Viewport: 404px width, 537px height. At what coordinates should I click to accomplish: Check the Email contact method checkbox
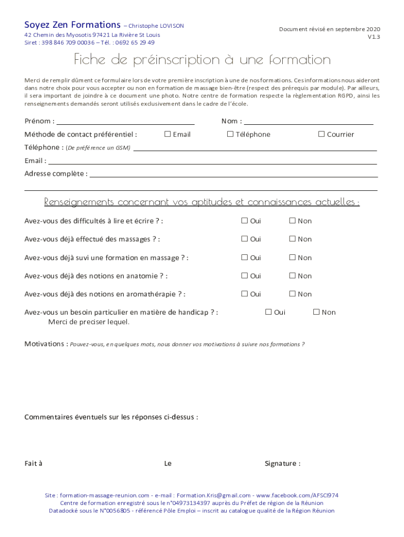click(167, 134)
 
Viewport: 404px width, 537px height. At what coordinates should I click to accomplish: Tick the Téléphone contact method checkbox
click(230, 134)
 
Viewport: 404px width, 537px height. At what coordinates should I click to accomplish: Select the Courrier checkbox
click(322, 134)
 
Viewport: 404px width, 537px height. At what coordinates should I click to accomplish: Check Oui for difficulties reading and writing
click(244, 221)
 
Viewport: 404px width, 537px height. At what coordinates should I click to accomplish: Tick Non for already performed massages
click(292, 239)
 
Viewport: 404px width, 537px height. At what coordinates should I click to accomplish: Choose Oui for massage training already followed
click(244, 257)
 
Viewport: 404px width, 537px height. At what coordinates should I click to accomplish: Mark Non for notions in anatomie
click(292, 276)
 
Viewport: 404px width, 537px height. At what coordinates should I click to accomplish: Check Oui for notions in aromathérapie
click(244, 294)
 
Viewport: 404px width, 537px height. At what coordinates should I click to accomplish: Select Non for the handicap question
click(316, 312)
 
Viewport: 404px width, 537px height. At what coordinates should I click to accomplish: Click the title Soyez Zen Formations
click(72, 25)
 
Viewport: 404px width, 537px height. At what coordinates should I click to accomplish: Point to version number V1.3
click(374, 37)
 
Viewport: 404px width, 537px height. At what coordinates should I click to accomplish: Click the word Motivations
click(45, 344)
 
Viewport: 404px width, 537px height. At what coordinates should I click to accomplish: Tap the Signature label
click(282, 464)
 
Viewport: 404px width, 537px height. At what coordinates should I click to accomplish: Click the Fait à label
click(34, 464)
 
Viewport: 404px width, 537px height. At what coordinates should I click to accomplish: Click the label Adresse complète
click(55, 174)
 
